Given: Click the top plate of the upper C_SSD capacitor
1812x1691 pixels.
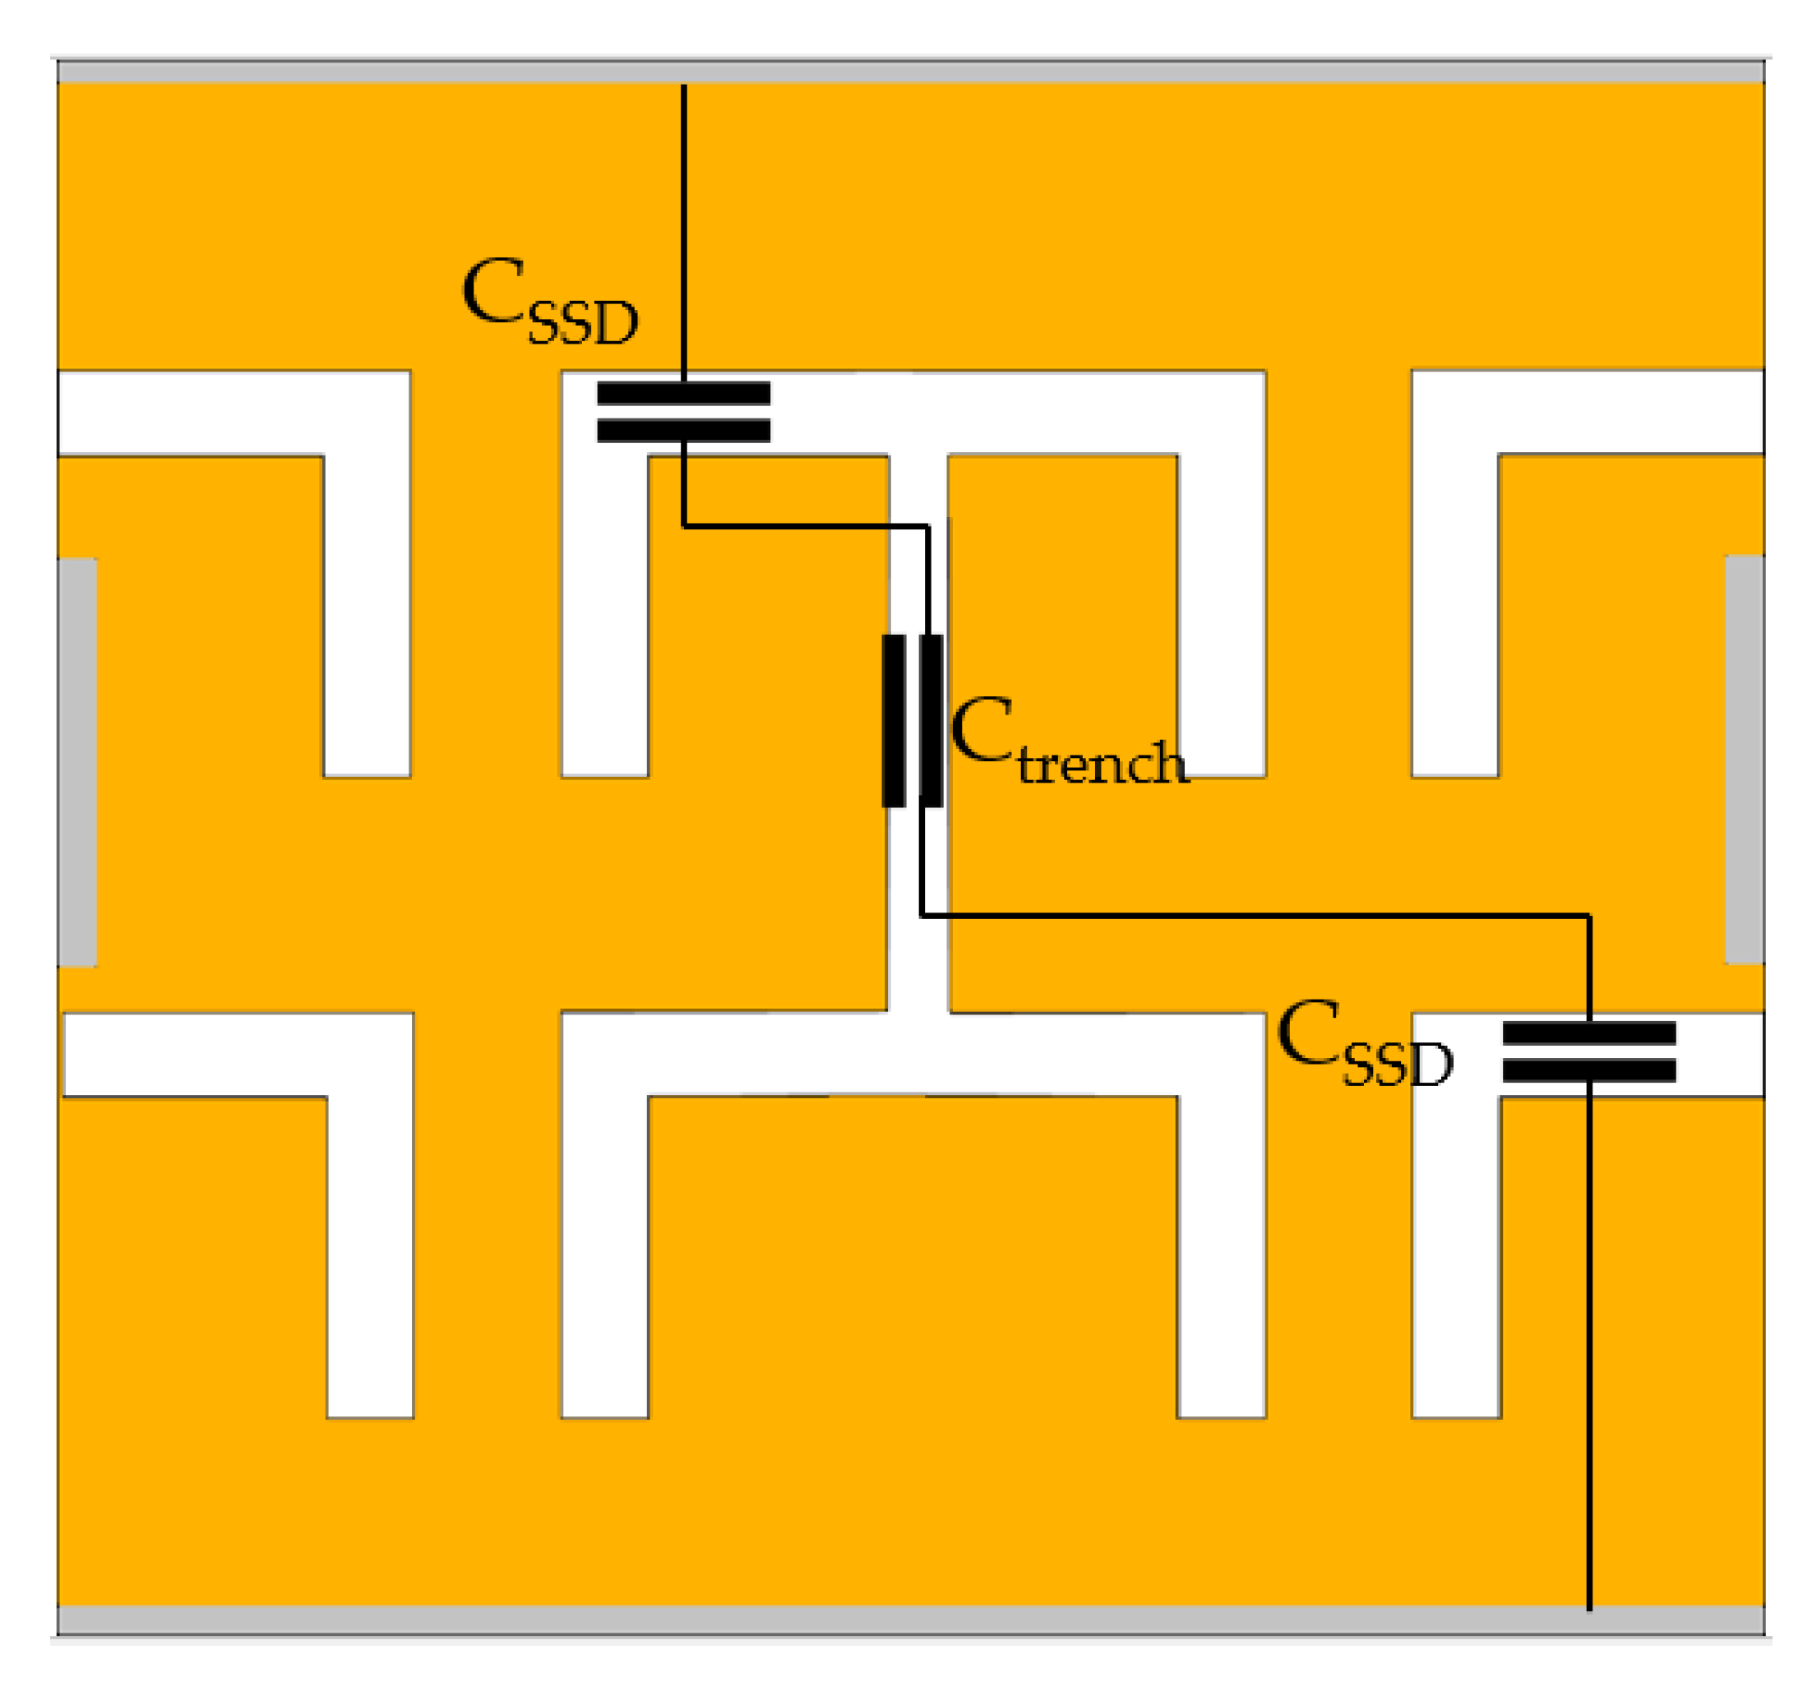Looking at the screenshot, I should click(x=683, y=394).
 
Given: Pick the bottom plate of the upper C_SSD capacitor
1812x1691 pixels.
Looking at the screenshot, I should click(x=683, y=430).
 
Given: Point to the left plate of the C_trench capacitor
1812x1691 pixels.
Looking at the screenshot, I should click(x=893, y=720).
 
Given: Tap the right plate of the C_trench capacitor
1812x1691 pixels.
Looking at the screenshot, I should click(x=931, y=720).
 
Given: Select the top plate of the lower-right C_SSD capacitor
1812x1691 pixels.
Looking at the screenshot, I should click(x=1588, y=1033).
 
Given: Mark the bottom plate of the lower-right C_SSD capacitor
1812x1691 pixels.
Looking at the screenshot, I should click(x=1588, y=1070).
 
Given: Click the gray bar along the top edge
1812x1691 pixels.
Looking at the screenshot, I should click(x=912, y=71).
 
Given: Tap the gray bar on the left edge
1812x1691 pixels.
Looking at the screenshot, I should click(x=77, y=761).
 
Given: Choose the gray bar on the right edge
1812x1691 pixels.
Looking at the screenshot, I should click(x=1745, y=760).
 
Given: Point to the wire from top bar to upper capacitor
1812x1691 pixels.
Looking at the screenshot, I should click(x=683, y=228).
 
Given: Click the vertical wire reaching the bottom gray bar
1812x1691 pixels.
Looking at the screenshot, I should click(x=1589, y=1349).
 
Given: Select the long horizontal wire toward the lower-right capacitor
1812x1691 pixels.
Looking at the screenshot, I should click(x=1258, y=915).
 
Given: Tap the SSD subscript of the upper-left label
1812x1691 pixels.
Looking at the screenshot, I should click(x=584, y=323).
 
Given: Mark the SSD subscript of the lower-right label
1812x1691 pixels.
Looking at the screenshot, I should click(x=1398, y=1065).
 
